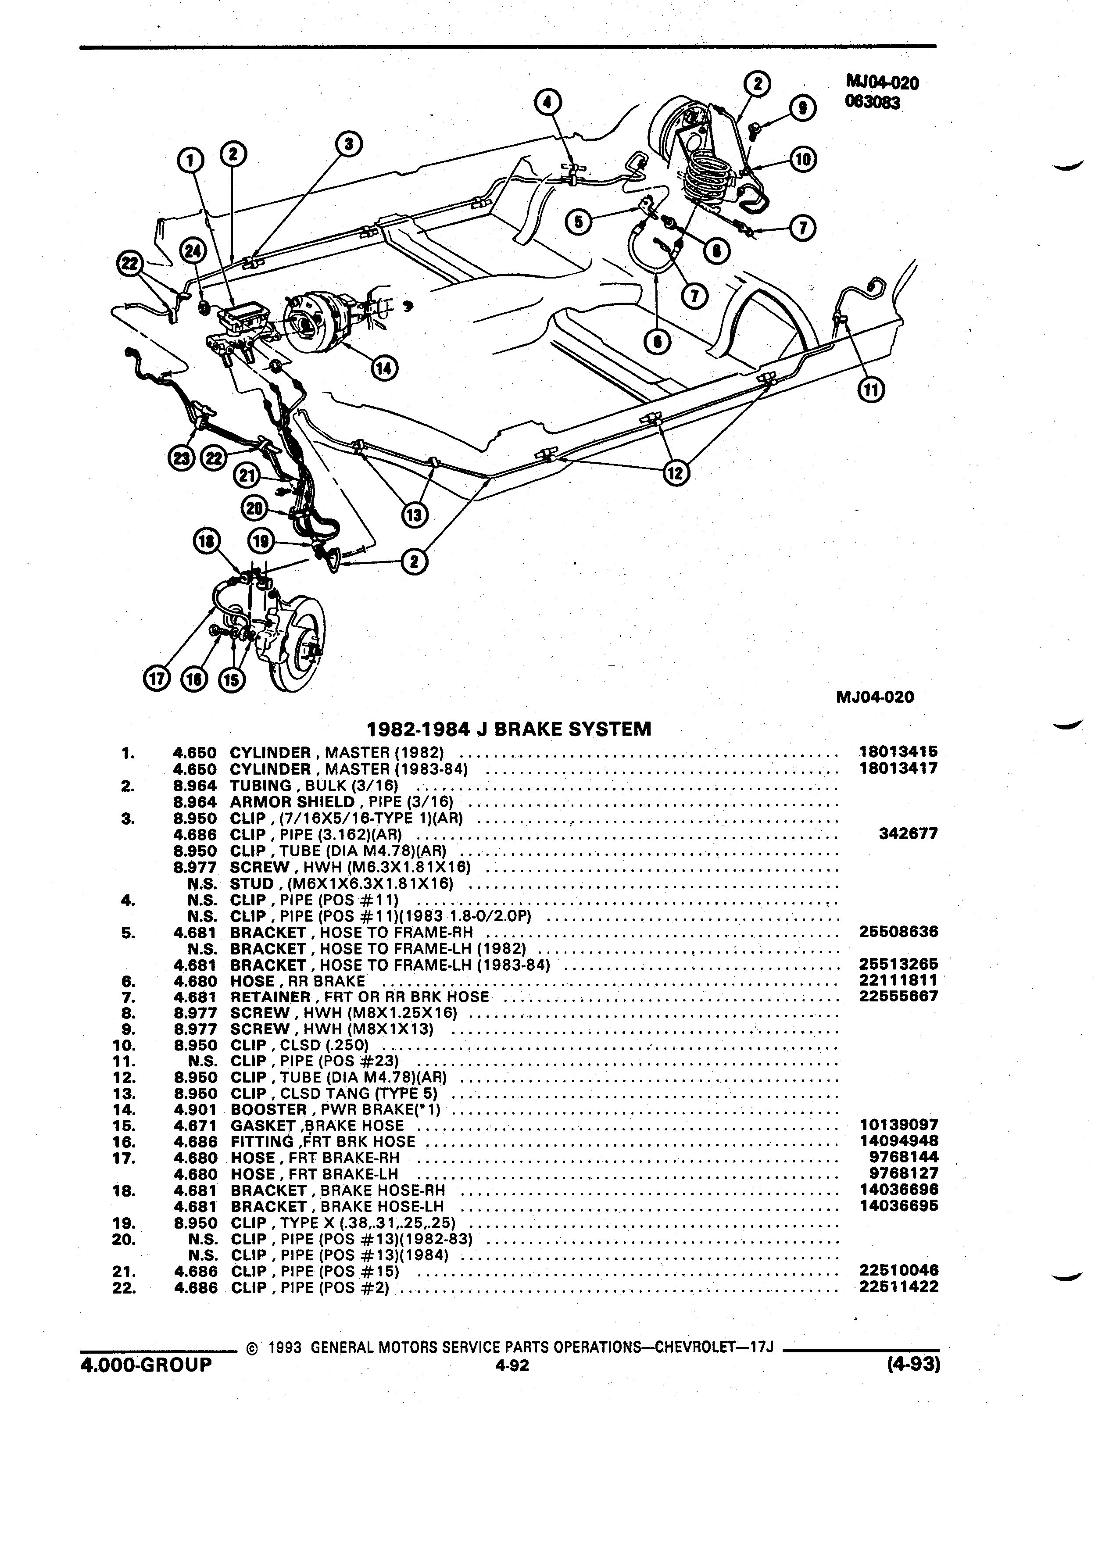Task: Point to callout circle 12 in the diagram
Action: pos(676,472)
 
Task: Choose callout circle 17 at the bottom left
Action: pos(156,679)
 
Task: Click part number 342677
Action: pos(909,834)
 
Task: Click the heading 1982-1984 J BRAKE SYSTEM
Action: pos(508,729)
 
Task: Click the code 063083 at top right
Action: pos(873,103)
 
